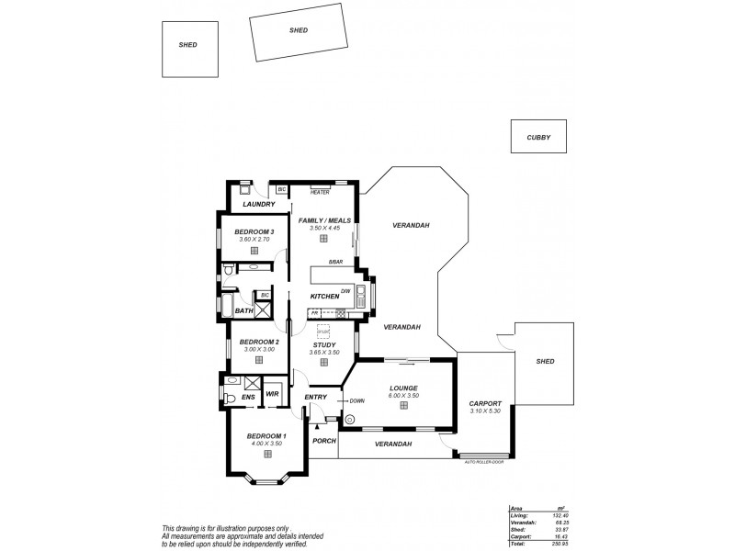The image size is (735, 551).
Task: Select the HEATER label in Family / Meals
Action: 320,193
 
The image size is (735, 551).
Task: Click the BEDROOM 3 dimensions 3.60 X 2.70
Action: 254,239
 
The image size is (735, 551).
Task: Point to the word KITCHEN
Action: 324,297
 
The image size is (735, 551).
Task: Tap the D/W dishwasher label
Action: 345,291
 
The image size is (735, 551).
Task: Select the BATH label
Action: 243,311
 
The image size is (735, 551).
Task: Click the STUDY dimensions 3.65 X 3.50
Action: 324,353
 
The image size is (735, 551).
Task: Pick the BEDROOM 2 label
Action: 253,342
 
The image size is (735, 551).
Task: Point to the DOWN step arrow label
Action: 356,400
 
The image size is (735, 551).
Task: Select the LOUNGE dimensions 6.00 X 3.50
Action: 403,395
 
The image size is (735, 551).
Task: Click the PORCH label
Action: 323,441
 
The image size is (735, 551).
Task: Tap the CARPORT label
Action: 484,403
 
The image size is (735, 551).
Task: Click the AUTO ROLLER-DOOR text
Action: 484,462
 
